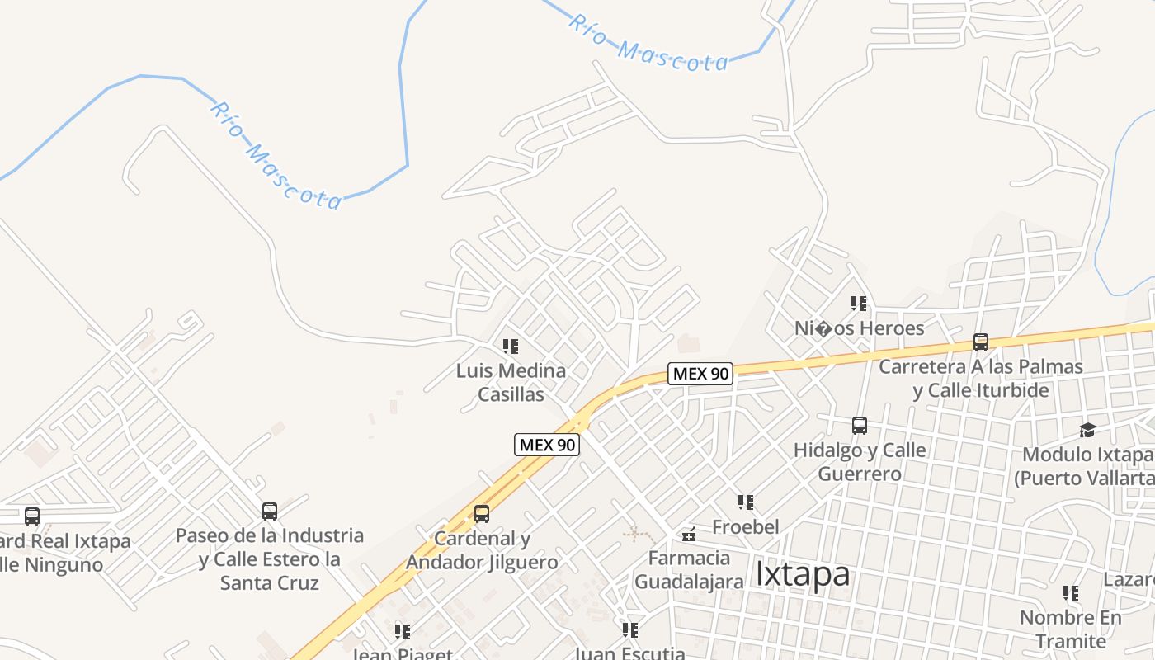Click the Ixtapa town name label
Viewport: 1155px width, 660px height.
click(802, 574)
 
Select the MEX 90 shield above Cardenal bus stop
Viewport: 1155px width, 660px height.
click(547, 445)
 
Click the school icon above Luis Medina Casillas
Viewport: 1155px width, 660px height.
click(511, 346)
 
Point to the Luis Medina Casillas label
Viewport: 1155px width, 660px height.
click(511, 383)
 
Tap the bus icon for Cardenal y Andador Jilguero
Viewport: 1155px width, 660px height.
click(482, 514)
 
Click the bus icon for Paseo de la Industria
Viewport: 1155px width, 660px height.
click(270, 511)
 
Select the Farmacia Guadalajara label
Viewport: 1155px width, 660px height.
click(689, 569)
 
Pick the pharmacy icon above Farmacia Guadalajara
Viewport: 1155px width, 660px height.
click(689, 535)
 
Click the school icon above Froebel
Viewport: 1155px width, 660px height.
click(746, 502)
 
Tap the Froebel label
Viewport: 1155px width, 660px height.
click(746, 526)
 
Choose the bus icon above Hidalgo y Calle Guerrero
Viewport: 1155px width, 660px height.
click(860, 426)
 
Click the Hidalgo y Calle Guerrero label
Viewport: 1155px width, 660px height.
click(860, 462)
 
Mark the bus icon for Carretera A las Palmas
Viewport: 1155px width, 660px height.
click(981, 342)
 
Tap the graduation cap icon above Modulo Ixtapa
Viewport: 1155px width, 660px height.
click(1087, 430)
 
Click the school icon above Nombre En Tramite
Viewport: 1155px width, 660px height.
click(1071, 593)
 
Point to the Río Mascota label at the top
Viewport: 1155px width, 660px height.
click(648, 44)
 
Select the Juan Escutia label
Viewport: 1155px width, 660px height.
click(629, 653)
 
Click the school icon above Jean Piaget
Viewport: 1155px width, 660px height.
click(403, 632)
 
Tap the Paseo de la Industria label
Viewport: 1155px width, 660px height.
click(270, 559)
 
